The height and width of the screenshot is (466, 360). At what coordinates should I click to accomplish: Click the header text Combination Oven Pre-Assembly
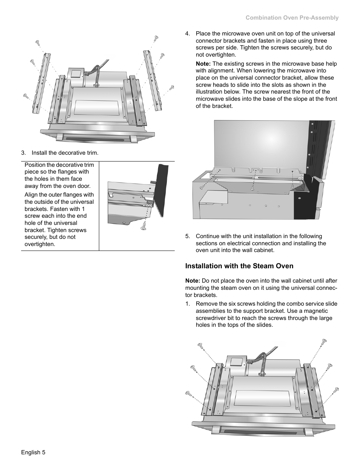click(292, 18)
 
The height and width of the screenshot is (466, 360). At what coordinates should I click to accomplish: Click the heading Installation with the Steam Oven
click(239, 266)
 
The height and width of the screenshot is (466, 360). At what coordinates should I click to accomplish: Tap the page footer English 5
click(33, 452)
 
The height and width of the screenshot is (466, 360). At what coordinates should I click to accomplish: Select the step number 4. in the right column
click(188, 34)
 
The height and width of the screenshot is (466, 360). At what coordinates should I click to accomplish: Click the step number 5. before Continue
click(188, 236)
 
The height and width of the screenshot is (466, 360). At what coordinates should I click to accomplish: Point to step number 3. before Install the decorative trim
click(24, 153)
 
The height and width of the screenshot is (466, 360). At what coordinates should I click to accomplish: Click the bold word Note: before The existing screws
click(203, 64)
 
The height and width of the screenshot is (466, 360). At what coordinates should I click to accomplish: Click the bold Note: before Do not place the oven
click(192, 281)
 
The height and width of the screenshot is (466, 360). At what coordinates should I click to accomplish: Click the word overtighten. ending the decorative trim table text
click(39, 244)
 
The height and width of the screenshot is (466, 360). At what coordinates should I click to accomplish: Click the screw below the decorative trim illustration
click(143, 226)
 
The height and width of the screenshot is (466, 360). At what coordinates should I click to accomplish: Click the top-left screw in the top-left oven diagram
click(38, 43)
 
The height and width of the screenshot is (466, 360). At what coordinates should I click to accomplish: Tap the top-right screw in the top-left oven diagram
click(156, 38)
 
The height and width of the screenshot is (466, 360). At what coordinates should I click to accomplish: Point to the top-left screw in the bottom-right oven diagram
click(200, 345)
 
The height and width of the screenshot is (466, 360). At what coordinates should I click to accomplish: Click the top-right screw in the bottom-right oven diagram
click(324, 342)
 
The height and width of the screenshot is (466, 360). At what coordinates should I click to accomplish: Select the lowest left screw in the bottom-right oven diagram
click(188, 394)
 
